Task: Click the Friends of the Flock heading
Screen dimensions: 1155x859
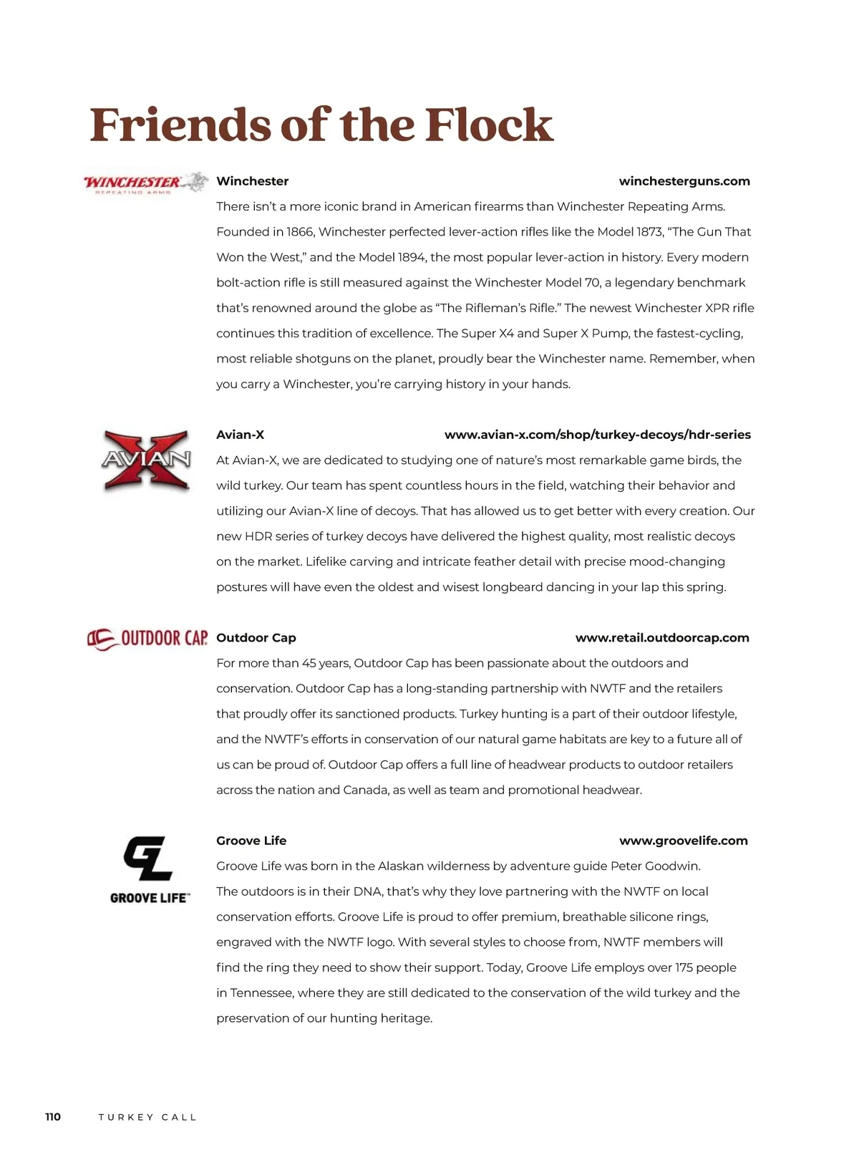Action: tap(321, 125)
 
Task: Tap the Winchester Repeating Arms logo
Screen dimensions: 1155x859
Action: tap(146, 183)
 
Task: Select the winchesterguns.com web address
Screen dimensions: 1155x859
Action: tap(684, 181)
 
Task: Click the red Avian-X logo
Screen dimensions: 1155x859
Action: tap(147, 460)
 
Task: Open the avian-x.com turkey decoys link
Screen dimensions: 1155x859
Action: tap(597, 435)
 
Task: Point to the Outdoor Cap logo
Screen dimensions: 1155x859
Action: tap(147, 638)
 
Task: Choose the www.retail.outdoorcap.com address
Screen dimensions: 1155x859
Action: tap(661, 637)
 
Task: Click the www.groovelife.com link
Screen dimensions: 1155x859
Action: tap(683, 841)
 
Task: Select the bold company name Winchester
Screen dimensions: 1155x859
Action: tap(252, 181)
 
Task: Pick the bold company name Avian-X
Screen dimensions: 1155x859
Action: tap(240, 435)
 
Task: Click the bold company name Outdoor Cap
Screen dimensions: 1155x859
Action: tap(256, 637)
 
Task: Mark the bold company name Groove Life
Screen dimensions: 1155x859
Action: tap(251, 841)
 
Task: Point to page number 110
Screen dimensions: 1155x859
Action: tap(53, 1117)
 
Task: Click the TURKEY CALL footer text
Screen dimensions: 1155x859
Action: tap(147, 1117)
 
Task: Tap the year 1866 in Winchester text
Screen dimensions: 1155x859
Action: tap(300, 232)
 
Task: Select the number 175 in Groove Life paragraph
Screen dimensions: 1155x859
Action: tap(684, 967)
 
